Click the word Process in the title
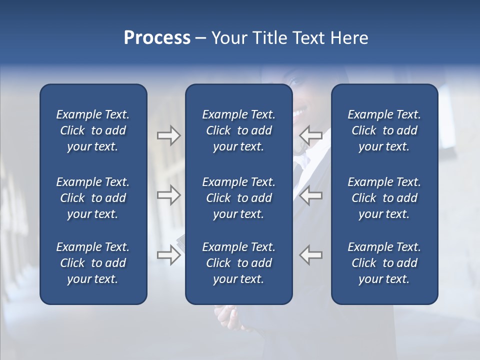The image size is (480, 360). pos(157,38)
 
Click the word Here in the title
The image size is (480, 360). pos(349,38)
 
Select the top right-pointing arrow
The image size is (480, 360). pos(168,135)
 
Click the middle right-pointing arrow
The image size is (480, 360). pos(168,195)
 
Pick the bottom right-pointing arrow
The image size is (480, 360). pos(168,255)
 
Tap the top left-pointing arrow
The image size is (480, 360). pos(310,135)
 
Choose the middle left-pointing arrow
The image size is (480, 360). pos(310,195)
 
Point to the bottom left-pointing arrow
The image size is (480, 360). pos(310,255)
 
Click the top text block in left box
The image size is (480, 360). pos(93,130)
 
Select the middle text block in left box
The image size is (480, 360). pos(93,198)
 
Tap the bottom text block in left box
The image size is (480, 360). pos(93,263)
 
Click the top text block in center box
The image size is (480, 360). pos(238,130)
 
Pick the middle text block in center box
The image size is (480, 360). pos(238,198)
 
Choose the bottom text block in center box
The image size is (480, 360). pos(238,263)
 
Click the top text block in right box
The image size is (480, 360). pos(384,130)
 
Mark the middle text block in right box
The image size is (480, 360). pos(384,198)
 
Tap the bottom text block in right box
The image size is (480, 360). pos(384,263)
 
